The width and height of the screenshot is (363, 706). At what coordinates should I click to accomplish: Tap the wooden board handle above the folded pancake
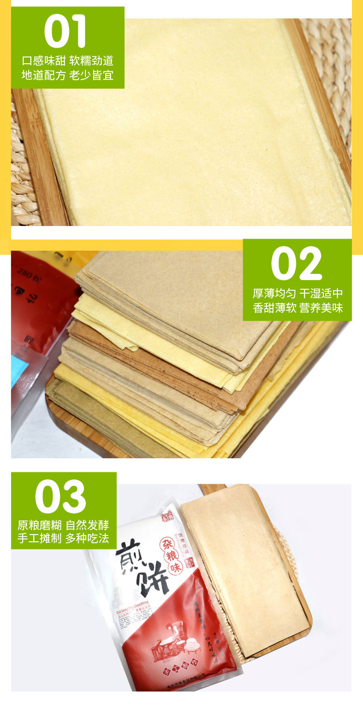[x=212, y=489]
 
